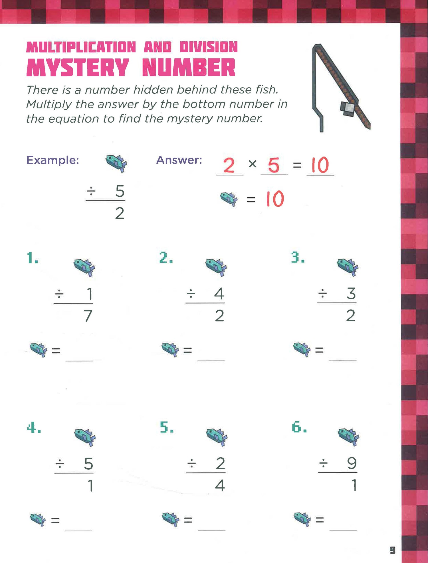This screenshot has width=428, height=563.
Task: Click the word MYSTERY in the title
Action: pos(78,68)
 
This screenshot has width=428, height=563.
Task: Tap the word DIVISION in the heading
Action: pos(209,47)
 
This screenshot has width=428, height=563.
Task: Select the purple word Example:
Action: pos(53,160)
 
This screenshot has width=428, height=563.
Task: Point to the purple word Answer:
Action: pos(179,160)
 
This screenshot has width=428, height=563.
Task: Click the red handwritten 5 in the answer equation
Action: pos(274,165)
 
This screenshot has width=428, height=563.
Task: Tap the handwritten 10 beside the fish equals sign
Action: pos(275,199)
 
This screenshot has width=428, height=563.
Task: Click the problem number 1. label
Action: pos(33,258)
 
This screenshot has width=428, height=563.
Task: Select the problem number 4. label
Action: pos(34,428)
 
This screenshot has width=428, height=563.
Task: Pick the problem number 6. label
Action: pos(299,427)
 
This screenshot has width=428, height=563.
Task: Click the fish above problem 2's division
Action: pos(216,267)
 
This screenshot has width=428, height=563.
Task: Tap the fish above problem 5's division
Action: pos(217,437)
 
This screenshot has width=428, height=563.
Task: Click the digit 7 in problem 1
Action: pos(88,316)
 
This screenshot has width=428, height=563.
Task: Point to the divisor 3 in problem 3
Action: pos(351,294)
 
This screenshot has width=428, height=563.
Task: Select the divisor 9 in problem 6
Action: pos(352,463)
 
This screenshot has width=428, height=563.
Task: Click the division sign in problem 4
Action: pos(60,464)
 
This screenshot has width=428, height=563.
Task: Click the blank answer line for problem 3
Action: pos(343,361)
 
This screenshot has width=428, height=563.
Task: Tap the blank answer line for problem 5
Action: pos(211,530)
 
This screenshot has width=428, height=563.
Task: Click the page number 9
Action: pos(393,550)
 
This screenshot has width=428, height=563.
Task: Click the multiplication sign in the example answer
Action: pos(253,164)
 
